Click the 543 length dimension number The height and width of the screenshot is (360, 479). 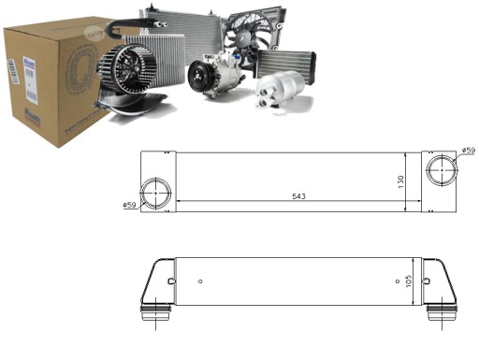[x=298, y=196]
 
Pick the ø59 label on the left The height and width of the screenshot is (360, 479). [x=130, y=205]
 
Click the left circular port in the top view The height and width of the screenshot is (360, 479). [x=158, y=193]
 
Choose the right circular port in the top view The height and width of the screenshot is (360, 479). [x=439, y=170]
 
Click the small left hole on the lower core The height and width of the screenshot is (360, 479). [x=171, y=280]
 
